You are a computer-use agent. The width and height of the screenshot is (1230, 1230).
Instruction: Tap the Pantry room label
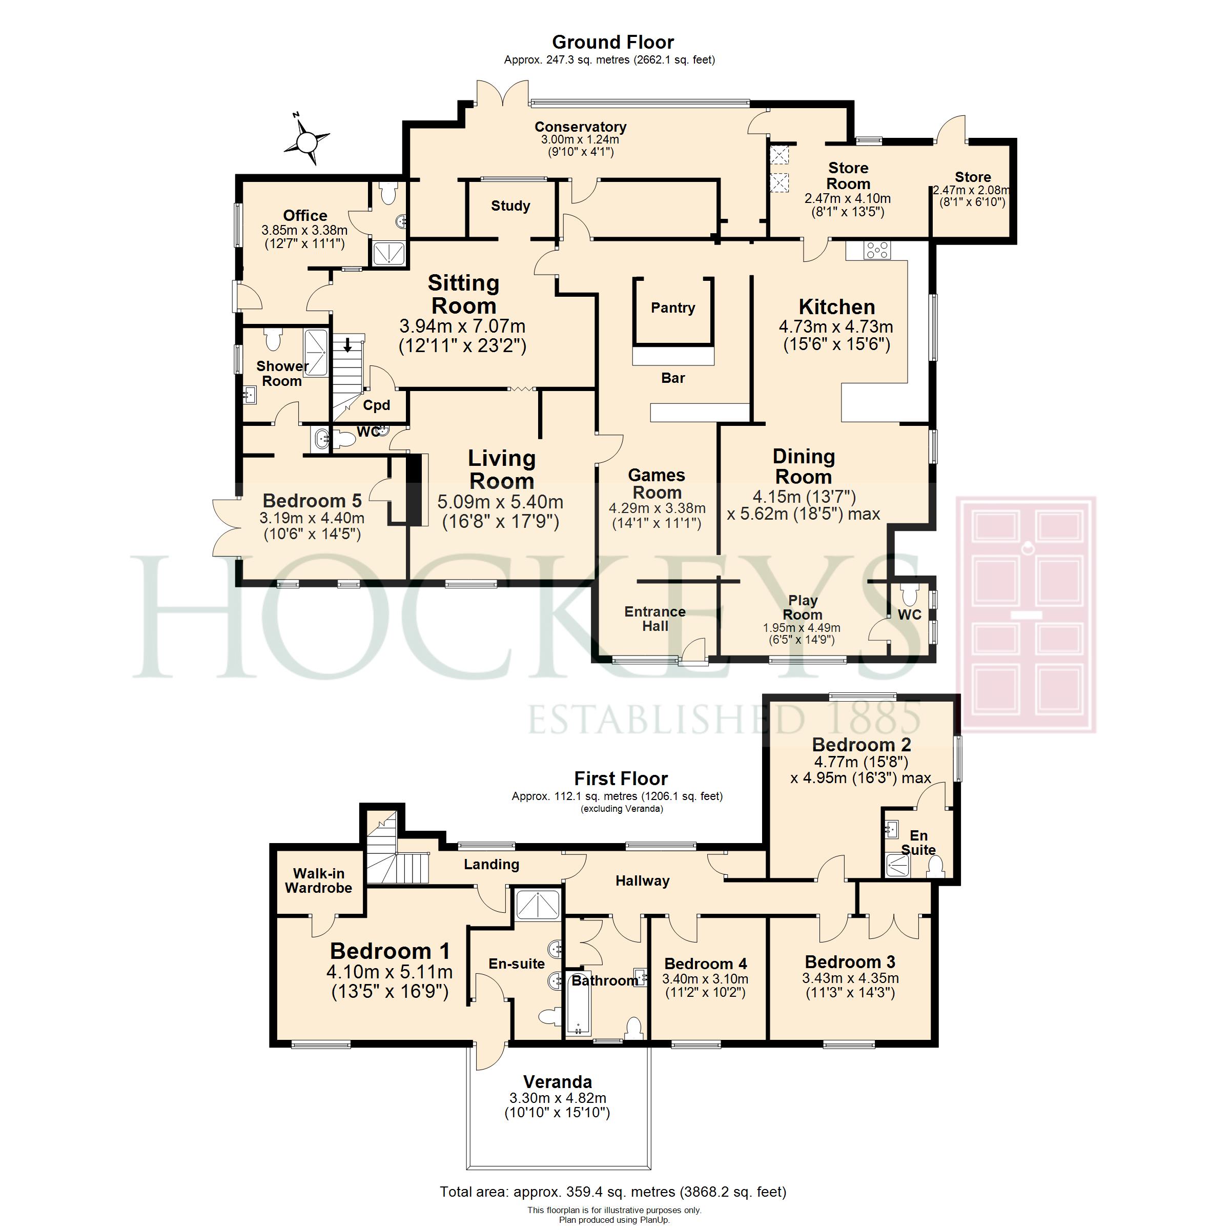coord(673,308)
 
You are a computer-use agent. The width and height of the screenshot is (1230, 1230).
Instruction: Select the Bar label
coord(673,378)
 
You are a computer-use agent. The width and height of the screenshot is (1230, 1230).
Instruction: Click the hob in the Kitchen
coord(877,250)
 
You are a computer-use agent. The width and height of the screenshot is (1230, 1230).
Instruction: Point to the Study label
coord(510,206)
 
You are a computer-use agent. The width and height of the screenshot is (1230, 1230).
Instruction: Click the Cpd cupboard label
coord(376,405)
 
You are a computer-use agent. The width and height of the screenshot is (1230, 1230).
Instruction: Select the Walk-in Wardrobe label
coord(318,880)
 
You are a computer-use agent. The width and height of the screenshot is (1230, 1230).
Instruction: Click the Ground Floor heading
coord(613,42)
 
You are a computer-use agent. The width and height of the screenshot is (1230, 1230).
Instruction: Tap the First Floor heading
coord(621,778)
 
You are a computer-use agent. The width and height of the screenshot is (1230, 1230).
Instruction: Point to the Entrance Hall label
coord(655,619)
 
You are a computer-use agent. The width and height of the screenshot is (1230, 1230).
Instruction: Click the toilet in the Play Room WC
coord(910,594)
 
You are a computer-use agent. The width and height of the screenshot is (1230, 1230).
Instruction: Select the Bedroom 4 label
coord(705,963)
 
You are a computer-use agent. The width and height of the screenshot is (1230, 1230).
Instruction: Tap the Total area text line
coord(613,1191)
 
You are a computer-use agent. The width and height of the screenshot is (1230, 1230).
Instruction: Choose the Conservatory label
coord(581,127)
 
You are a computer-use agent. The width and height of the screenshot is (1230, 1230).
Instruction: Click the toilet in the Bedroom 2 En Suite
coord(935,867)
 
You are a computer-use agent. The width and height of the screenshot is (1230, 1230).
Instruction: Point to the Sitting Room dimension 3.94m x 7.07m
coord(462,326)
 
